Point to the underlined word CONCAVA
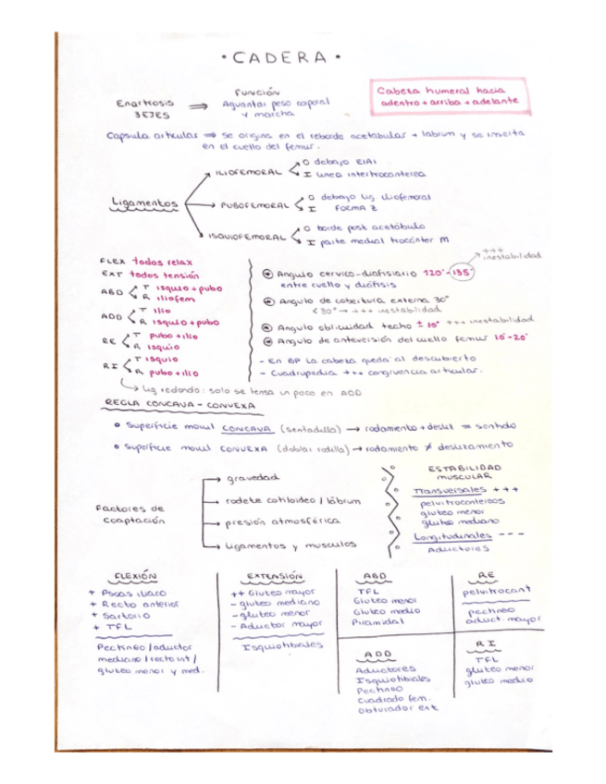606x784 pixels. [x=246, y=428]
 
